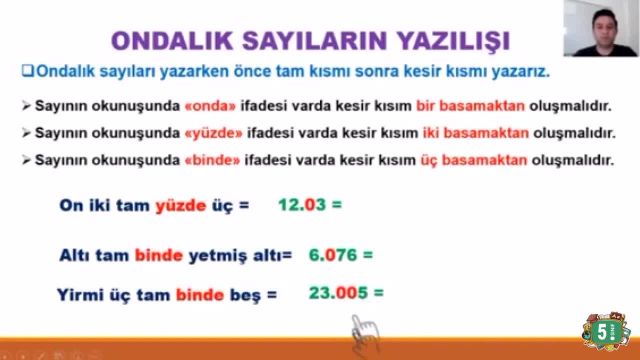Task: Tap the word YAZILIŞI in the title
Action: (449, 40)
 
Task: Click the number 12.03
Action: (303, 207)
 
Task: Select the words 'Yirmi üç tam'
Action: (113, 295)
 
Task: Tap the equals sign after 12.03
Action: (337, 207)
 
